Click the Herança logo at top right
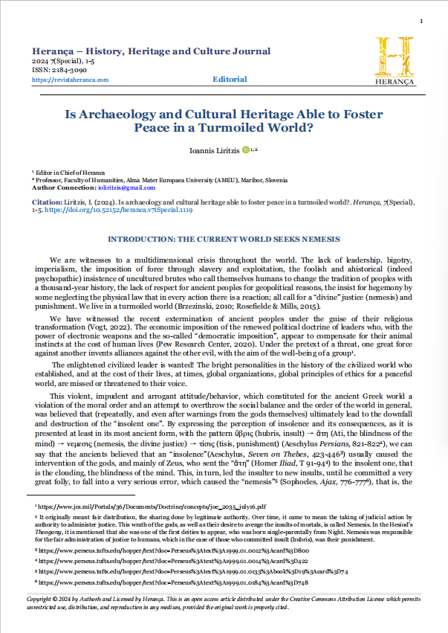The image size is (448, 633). [398, 60]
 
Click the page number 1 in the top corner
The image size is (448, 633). [421, 21]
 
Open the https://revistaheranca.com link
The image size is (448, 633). [71, 80]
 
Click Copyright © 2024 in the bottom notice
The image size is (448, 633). [53, 600]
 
